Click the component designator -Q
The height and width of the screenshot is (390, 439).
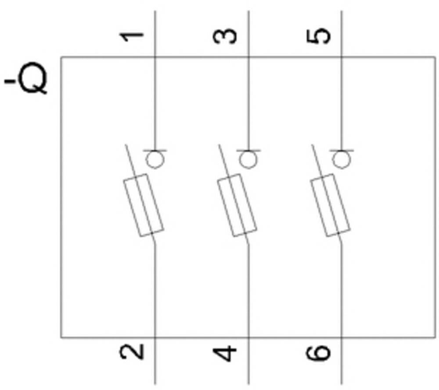click(x=26, y=81)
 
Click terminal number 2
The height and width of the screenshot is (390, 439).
click(x=133, y=352)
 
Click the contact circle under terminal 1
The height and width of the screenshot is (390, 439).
click(x=154, y=160)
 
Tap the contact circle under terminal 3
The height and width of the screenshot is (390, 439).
click(x=248, y=160)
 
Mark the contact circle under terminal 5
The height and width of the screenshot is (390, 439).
click(x=341, y=160)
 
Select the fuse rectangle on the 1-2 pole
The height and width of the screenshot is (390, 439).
click(x=144, y=206)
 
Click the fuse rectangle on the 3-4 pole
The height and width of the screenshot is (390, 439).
click(x=237, y=206)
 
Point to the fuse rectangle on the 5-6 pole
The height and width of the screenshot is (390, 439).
click(x=331, y=206)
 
